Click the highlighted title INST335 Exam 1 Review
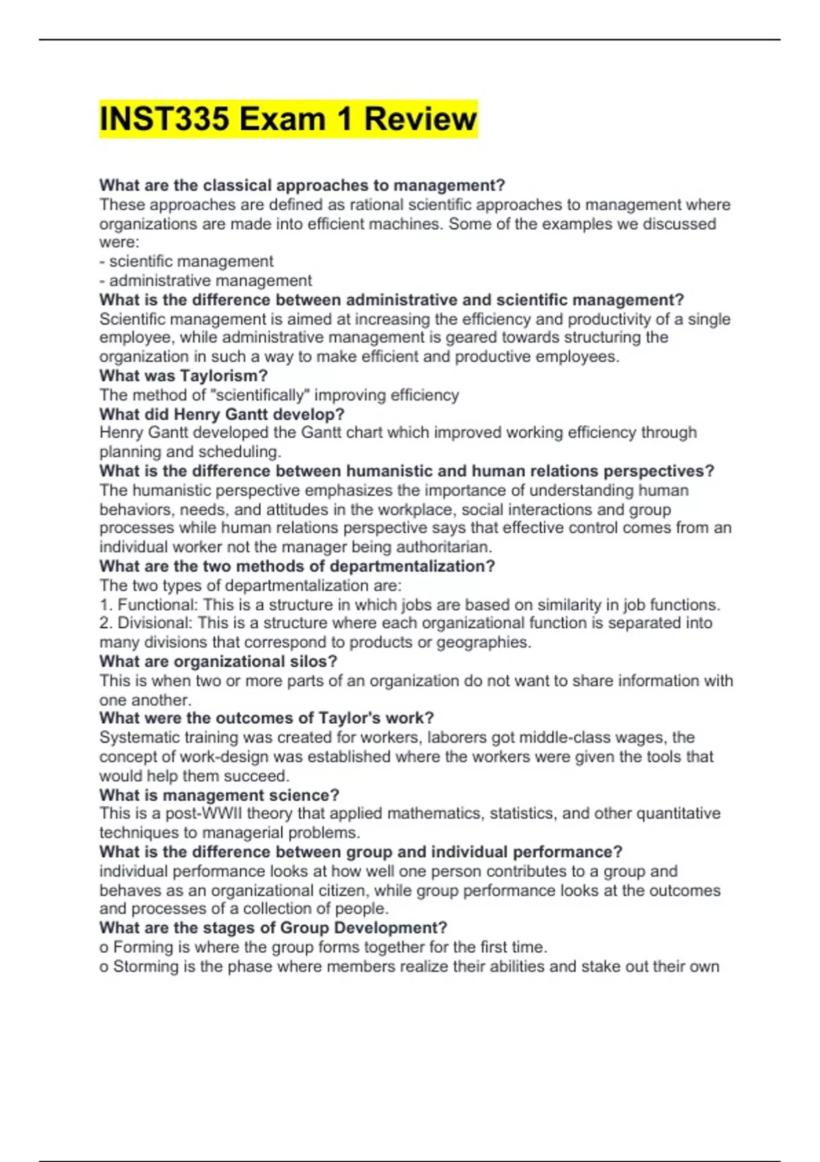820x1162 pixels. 288,119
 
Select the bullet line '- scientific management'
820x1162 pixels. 186,261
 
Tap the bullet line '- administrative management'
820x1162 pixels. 205,280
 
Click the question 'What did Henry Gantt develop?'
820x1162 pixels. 221,414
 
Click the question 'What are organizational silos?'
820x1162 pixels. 218,661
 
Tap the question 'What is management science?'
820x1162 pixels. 219,795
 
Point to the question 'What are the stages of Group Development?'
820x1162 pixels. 273,928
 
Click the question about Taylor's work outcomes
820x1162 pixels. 266,718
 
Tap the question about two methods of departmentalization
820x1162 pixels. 297,566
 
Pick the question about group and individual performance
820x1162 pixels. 360,852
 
